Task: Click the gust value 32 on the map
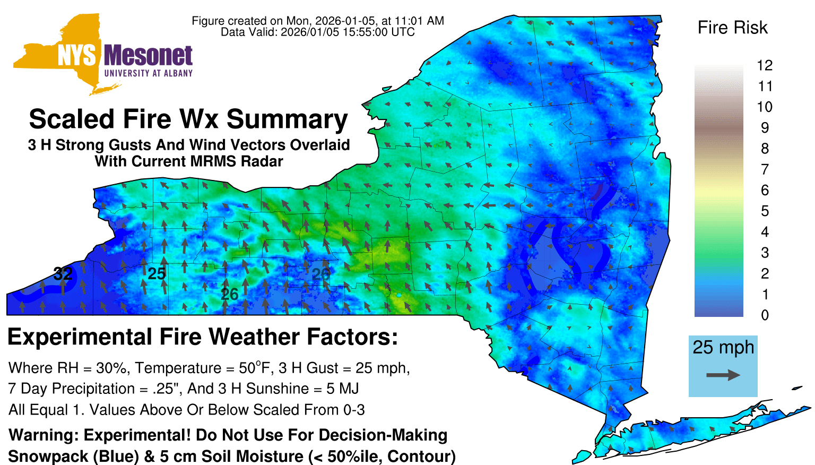(63, 273)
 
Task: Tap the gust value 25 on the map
(157, 273)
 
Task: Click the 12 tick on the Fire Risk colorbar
(765, 65)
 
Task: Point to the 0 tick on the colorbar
(765, 315)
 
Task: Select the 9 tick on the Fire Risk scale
(765, 128)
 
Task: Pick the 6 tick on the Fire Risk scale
(765, 190)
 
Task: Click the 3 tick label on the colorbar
(765, 253)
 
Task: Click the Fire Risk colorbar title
(732, 28)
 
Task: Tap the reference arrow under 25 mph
(723, 375)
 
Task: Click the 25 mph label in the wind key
(723, 348)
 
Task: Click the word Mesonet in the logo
(148, 56)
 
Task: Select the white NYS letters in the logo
(76, 56)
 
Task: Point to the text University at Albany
(149, 73)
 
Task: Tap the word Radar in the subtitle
(265, 161)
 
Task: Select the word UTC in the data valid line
(403, 32)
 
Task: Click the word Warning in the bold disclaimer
(43, 435)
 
